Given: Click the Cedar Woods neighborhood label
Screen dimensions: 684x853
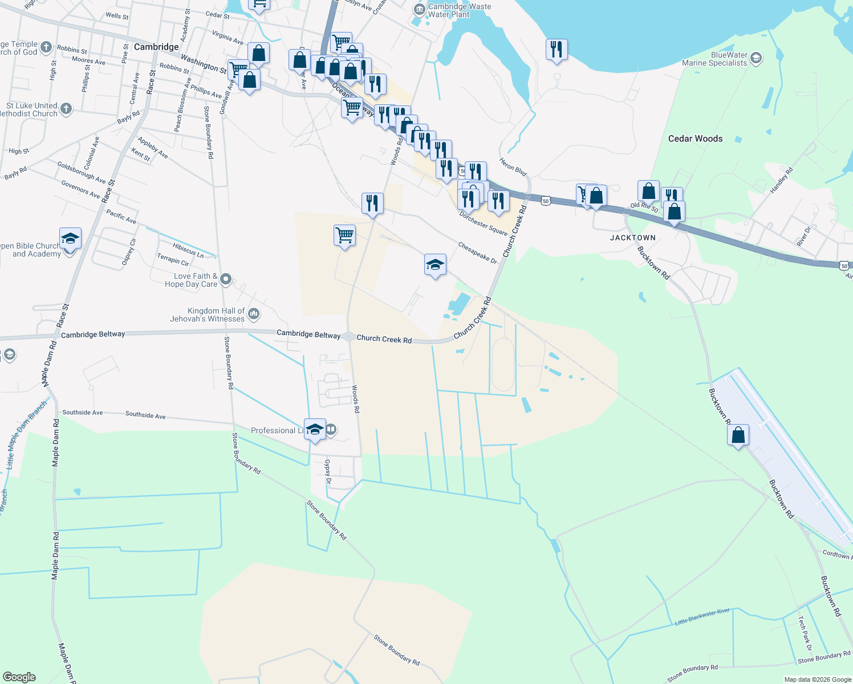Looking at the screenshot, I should point(695,139).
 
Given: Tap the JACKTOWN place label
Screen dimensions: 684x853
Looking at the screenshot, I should point(633,238).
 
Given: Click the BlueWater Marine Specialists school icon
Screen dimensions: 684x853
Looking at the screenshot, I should point(756,58).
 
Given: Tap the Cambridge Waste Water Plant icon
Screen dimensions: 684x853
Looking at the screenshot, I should point(420,9).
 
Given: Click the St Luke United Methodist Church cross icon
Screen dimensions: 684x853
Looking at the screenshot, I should point(66,109).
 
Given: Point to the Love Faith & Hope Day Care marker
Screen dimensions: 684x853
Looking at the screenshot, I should point(226,279).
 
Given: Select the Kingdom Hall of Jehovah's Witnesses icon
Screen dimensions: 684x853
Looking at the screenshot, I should point(254,314).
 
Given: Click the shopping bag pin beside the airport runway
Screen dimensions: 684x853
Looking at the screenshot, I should point(738,435).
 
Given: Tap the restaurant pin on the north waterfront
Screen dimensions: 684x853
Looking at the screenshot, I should point(556,50).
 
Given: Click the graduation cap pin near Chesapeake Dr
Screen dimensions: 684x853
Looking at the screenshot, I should point(435,264).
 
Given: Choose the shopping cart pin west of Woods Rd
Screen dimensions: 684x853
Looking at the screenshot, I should point(344,235).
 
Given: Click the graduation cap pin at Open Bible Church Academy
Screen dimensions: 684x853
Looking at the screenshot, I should point(70,238).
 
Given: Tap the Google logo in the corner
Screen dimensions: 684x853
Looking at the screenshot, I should point(19,677).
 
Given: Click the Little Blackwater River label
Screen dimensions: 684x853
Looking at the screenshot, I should point(702,617).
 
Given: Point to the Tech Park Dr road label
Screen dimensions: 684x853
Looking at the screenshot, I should point(805,633).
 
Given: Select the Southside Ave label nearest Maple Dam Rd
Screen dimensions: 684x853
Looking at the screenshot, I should point(83,412).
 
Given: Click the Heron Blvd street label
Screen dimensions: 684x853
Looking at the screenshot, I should point(513,166).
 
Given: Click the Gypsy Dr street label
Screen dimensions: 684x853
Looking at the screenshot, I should point(328,471).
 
